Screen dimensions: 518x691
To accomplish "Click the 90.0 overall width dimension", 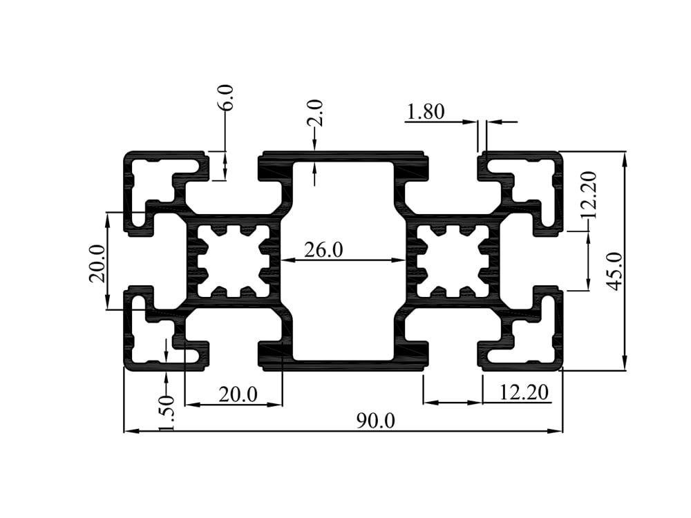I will point(375,421).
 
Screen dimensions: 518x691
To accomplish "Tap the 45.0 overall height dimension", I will point(614,270).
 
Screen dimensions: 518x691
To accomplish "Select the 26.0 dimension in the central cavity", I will point(323,249).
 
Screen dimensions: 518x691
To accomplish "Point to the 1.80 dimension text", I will point(426,111).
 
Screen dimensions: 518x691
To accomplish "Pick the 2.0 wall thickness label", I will point(315,113).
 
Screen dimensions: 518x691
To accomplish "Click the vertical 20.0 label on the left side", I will point(97,263).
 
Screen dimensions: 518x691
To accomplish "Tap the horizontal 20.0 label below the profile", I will point(238,394).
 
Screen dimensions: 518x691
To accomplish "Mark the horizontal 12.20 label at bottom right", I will point(524,393).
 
